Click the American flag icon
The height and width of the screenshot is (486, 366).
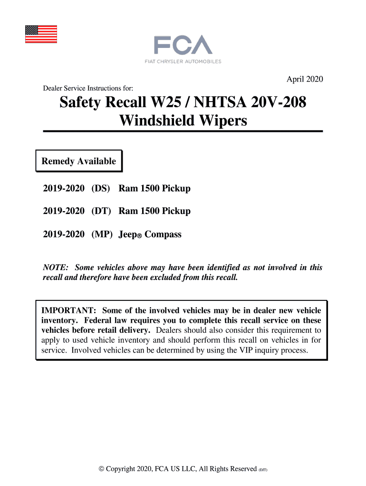[41, 34]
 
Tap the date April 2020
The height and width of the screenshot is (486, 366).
[304, 79]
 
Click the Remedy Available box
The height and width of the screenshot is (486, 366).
[79, 161]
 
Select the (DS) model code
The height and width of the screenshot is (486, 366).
[101, 188]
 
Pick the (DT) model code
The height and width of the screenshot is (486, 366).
[101, 211]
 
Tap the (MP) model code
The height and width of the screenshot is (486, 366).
[102, 234]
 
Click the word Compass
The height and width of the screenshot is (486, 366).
[163, 234]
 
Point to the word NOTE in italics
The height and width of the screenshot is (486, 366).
[56, 268]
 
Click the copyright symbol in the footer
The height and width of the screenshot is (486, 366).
[101, 469]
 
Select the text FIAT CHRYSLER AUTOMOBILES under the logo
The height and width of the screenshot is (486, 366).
[183, 61]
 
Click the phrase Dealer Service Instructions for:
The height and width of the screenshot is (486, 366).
[88, 88]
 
